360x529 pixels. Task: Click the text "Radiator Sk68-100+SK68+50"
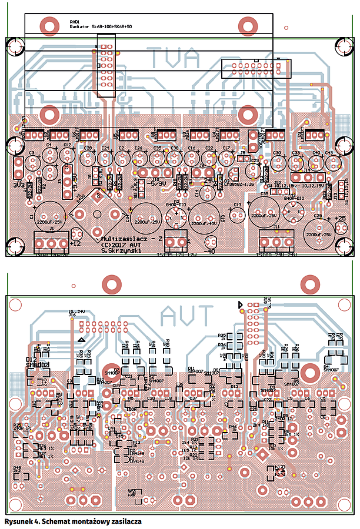(x=101, y=27)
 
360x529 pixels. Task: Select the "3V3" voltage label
(x=18, y=185)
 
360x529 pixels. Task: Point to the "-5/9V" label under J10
(x=158, y=183)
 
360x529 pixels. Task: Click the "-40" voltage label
(x=209, y=252)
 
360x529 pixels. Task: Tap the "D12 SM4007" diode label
(x=36, y=362)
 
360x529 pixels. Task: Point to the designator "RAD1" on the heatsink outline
(x=75, y=22)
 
